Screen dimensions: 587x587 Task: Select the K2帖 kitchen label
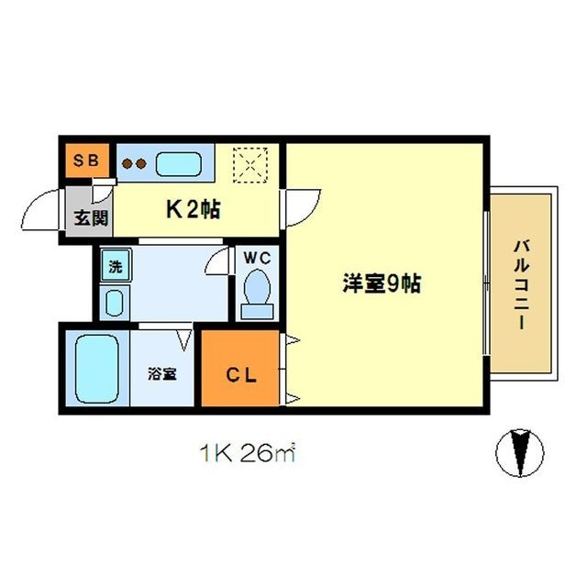click(192, 208)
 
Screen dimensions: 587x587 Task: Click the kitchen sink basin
click(179, 164)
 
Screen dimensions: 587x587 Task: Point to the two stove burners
click(136, 165)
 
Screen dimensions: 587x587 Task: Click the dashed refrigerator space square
click(248, 165)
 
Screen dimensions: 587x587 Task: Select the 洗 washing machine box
click(116, 267)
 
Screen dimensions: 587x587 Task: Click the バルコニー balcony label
click(522, 284)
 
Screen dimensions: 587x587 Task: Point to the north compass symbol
click(519, 453)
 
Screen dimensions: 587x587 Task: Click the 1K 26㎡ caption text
click(248, 452)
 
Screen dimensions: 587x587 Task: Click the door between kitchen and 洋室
click(301, 207)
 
